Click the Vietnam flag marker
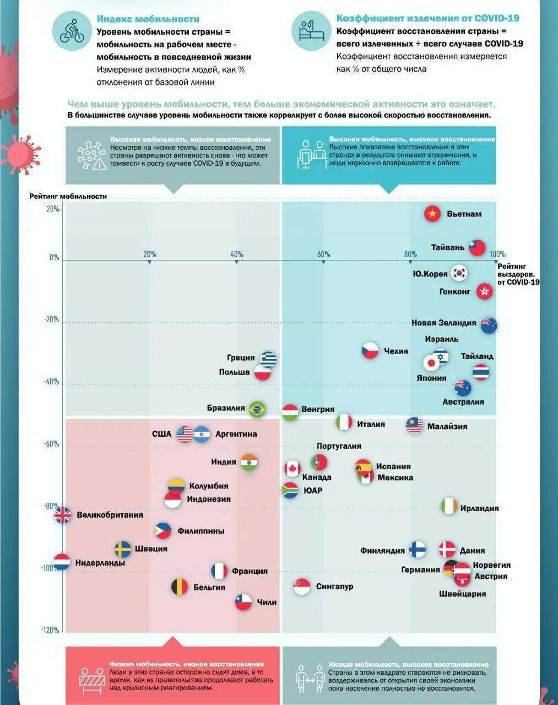(x=433, y=214)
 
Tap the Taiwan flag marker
(x=477, y=247)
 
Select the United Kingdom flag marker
(x=63, y=515)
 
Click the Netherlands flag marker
(x=62, y=562)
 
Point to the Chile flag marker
(x=243, y=601)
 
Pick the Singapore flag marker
(x=302, y=587)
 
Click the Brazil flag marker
(x=257, y=409)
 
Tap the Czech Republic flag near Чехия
(x=370, y=350)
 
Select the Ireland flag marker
(x=449, y=506)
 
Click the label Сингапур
(x=334, y=587)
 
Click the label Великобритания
(x=110, y=515)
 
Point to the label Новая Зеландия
(x=443, y=323)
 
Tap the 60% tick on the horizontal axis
(x=323, y=254)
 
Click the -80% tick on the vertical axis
(x=52, y=506)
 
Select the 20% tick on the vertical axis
(x=53, y=209)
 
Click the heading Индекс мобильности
(x=148, y=19)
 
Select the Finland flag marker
(x=418, y=549)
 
